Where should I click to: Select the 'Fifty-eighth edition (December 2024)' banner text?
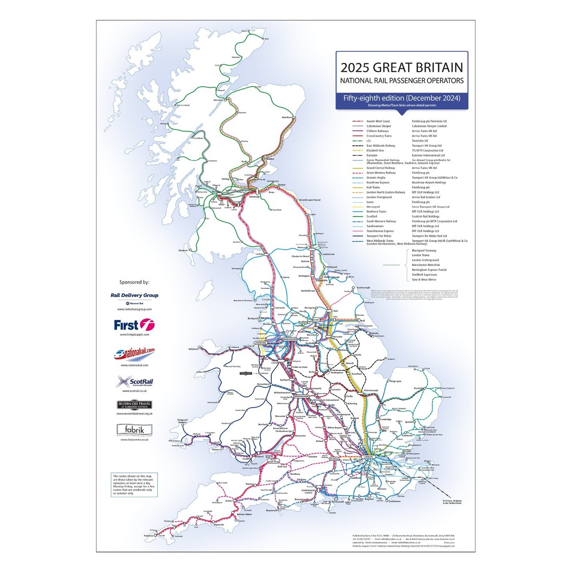click(x=401, y=98)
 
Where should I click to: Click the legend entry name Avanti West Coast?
click(x=378, y=122)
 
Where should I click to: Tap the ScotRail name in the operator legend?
click(x=372, y=216)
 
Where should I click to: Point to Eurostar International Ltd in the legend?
click(x=428, y=155)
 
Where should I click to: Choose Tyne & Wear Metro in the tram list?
click(x=424, y=280)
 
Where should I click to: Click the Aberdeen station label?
click(x=287, y=117)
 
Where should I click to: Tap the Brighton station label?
click(x=369, y=499)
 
